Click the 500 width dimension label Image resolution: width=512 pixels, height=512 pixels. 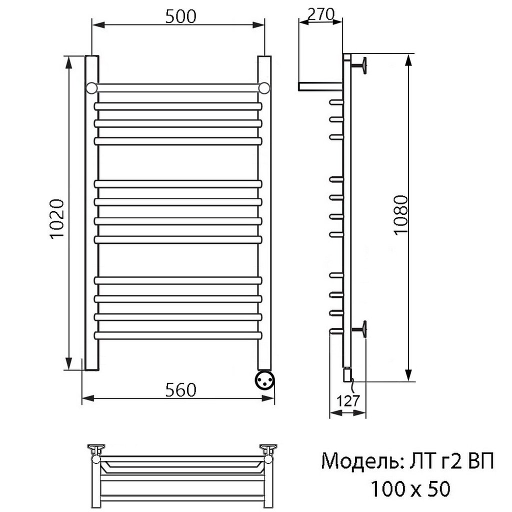click(x=180, y=16)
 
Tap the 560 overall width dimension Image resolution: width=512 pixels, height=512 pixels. click(x=180, y=389)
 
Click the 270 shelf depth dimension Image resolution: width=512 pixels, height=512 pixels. click(x=321, y=14)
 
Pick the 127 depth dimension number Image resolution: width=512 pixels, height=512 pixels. click(x=348, y=400)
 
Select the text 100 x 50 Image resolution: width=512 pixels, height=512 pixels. click(x=410, y=489)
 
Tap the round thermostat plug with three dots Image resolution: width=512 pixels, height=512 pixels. click(x=264, y=380)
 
